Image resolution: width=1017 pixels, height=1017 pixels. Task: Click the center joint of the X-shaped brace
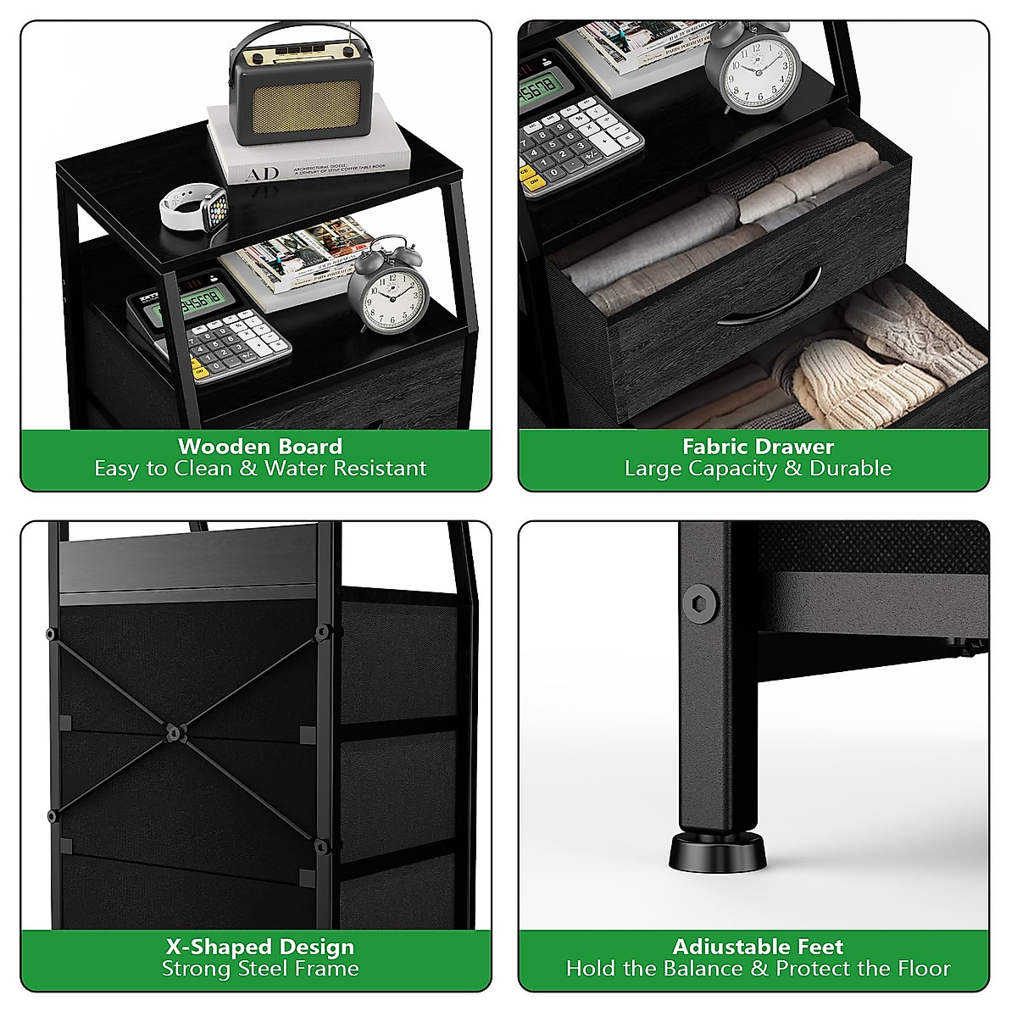173,730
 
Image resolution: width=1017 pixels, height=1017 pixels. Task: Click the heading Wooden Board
260,446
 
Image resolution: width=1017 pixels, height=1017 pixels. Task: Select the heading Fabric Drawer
759,446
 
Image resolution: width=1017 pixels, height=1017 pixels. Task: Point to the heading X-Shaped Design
260,947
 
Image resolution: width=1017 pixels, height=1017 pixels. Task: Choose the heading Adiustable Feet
759,947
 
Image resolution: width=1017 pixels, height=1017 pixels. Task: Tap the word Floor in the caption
921,969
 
